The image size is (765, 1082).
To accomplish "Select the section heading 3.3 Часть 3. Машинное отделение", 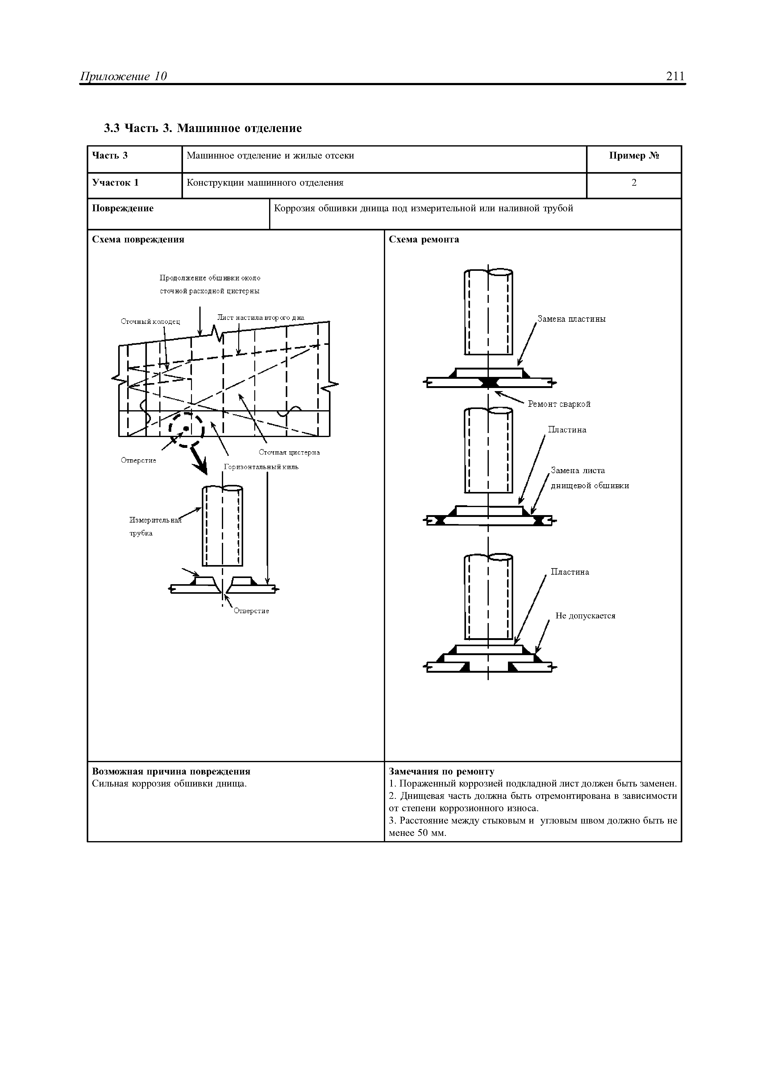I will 203,128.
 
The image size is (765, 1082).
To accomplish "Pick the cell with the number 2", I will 634,183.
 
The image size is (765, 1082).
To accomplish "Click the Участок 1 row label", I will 115,183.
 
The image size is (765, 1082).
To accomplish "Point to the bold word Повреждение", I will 123,208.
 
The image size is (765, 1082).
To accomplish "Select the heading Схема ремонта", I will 424,239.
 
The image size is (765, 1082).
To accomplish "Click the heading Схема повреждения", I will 138,239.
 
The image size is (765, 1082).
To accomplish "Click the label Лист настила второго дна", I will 261,318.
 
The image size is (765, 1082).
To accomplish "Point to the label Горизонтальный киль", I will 261,467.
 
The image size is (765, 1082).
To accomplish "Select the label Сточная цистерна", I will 289,452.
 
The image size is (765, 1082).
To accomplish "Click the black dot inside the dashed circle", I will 186,428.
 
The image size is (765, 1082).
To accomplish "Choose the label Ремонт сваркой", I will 559,404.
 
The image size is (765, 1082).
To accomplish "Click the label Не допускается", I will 585,616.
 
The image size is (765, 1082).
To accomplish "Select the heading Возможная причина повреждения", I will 171,771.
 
